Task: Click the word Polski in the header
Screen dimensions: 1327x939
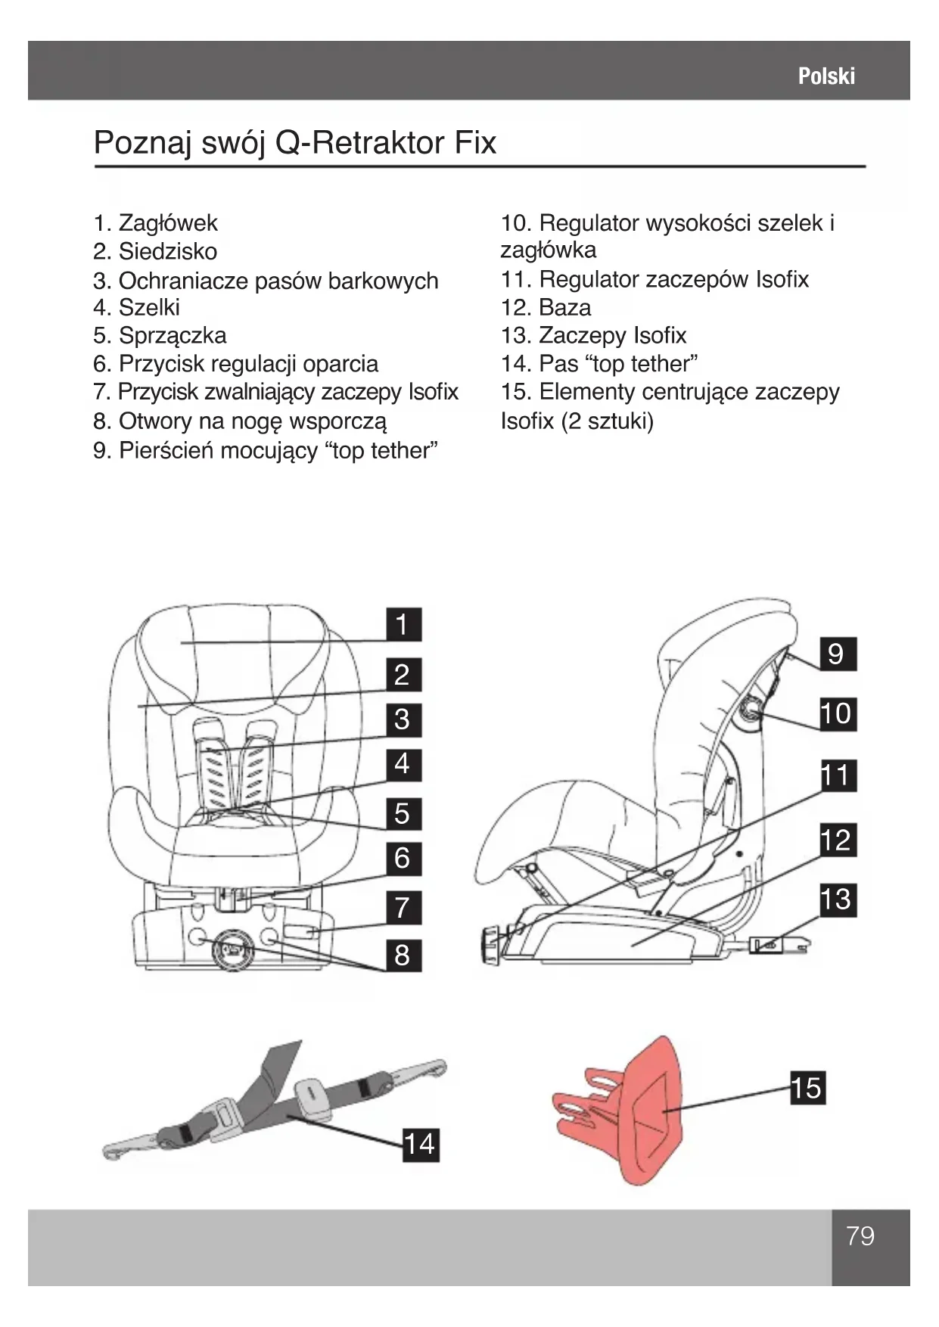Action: point(826,76)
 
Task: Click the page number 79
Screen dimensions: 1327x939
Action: point(860,1235)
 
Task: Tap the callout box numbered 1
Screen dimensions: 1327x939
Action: point(402,625)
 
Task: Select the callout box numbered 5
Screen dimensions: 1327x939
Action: point(402,814)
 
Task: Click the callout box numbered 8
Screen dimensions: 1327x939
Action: point(402,956)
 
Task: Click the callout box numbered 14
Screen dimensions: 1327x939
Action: point(418,1144)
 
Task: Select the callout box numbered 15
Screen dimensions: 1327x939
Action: point(806,1089)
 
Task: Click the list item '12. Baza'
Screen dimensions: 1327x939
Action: point(546,308)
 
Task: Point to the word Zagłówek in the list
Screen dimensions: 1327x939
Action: point(168,223)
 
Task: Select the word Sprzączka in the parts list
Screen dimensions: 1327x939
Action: point(173,336)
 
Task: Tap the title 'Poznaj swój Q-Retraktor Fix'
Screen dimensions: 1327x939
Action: point(295,143)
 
